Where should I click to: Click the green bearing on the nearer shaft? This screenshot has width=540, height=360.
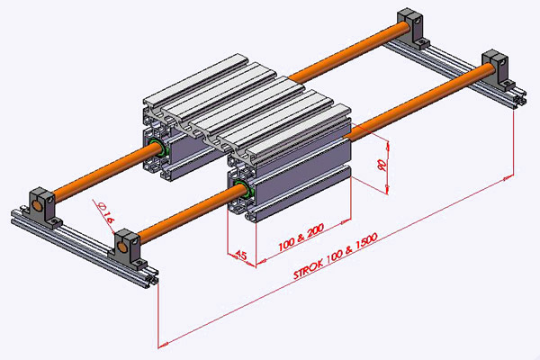click(x=240, y=188)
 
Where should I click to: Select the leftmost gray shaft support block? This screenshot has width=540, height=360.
click(x=42, y=204)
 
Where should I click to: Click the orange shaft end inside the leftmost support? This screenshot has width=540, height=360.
click(x=41, y=202)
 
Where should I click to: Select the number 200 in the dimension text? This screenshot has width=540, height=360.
click(x=314, y=231)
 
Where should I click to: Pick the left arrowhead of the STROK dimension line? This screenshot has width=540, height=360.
click(x=161, y=344)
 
